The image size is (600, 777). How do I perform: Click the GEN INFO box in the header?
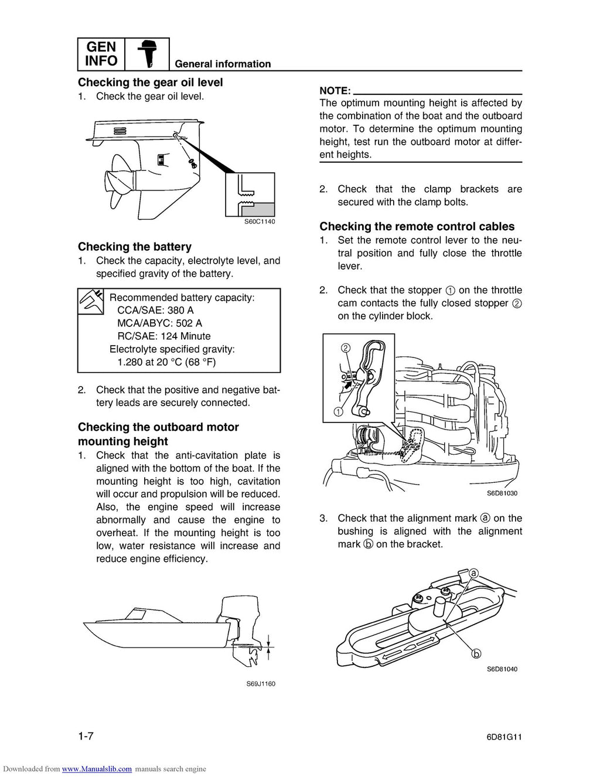coord(101,54)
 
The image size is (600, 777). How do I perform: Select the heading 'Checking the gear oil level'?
coord(150,83)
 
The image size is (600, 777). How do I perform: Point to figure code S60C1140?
coord(259,221)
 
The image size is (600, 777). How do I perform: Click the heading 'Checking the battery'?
coord(134,247)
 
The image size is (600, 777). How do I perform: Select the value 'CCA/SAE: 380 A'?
coord(155,311)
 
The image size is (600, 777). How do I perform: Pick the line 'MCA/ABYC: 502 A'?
coord(159,323)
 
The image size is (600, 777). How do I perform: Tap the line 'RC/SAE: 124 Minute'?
coord(163,336)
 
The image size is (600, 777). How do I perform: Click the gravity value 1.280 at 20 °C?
coord(166,362)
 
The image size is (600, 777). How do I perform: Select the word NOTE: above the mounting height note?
coord(335,91)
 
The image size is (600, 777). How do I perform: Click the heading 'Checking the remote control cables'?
coord(417,227)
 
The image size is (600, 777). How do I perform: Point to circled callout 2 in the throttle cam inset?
coord(346,348)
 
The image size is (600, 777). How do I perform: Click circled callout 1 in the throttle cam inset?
coord(339,411)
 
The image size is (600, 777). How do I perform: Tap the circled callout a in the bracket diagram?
coord(474,574)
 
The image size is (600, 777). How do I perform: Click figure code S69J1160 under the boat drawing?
coord(260,684)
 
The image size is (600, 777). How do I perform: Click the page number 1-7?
coord(86,737)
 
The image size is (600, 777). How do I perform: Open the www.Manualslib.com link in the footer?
coord(97,769)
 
